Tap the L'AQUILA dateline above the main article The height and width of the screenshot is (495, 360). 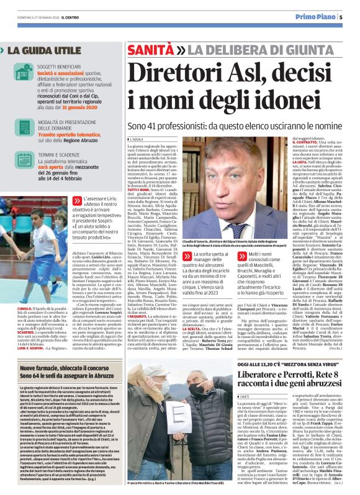(137, 140)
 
